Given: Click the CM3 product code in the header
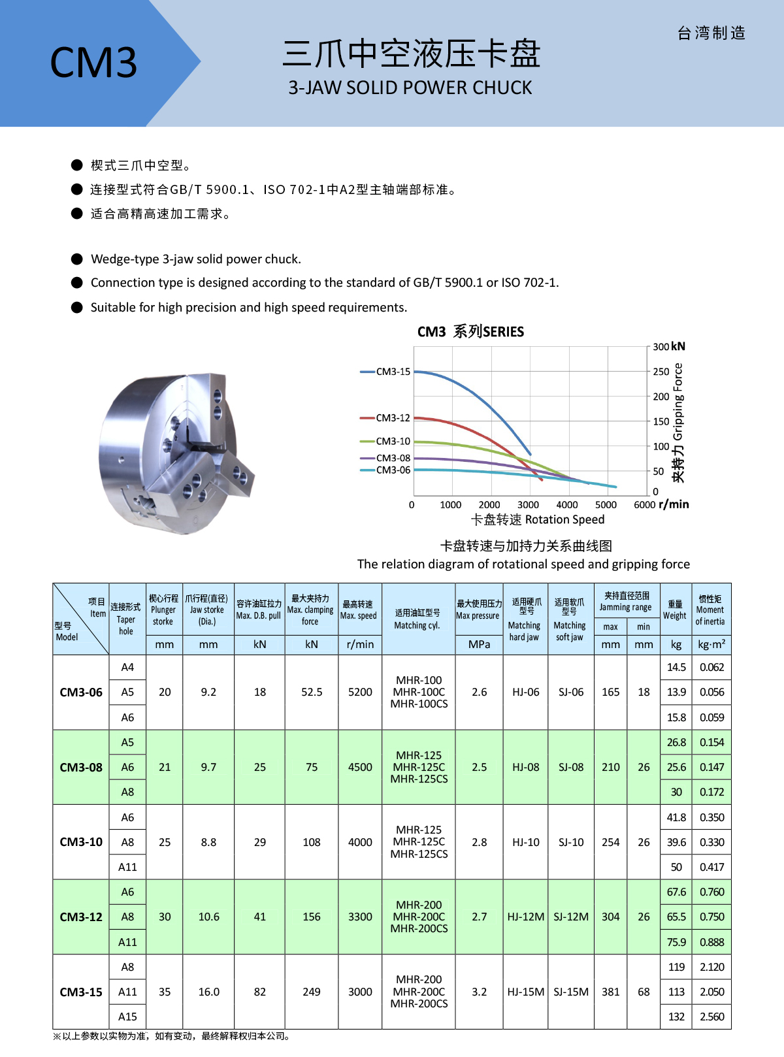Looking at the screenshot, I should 93,63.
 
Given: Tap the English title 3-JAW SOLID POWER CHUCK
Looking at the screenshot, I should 410,88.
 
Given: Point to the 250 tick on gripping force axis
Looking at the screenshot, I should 661,372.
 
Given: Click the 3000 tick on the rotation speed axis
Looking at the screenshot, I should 528,504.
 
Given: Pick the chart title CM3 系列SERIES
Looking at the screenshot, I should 470,332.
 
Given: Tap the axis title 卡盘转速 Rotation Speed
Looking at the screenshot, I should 538,519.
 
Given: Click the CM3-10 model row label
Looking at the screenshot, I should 81,842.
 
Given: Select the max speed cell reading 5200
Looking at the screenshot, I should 360,692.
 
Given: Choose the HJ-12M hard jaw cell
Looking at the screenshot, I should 525,917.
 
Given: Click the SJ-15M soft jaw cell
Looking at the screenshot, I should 571,992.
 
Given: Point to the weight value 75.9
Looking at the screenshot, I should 676,942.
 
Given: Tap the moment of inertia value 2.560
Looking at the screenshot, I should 711,1016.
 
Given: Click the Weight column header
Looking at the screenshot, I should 675,610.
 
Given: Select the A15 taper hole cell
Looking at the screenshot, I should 127,1016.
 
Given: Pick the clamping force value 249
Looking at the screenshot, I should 312,992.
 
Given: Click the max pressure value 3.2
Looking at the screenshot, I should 480,992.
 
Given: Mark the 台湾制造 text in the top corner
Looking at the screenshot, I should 711,33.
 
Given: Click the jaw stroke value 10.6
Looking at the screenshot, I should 208,917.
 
